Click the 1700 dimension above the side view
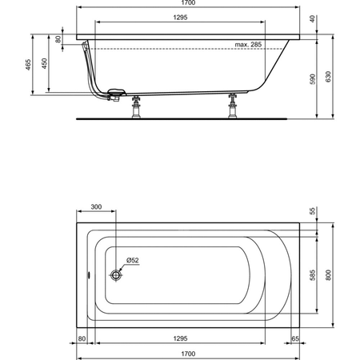click(188, 2)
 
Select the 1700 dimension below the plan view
click(188, 354)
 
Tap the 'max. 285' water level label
click(248, 45)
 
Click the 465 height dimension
click(28, 65)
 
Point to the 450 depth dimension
click(44, 63)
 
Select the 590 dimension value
click(313, 79)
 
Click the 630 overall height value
click(328, 77)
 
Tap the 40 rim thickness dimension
click(312, 19)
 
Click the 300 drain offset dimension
click(96, 207)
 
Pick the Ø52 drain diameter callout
click(133, 260)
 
